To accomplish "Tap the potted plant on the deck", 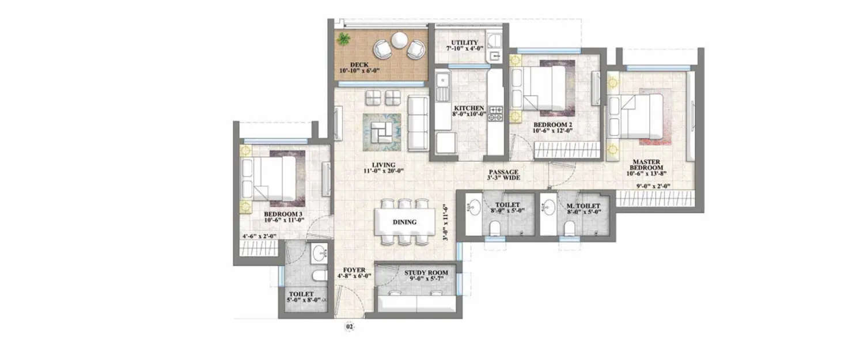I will pyautogui.click(x=344, y=39).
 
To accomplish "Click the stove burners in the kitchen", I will pyautogui.click(x=496, y=113).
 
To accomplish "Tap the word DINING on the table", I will pyautogui.click(x=404, y=222).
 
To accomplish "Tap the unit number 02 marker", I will pyautogui.click(x=349, y=327).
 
